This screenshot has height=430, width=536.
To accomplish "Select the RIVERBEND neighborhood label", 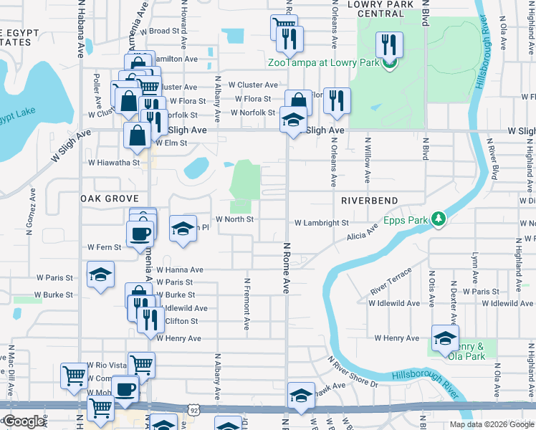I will [368, 200].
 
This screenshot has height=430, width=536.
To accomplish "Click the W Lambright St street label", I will [321, 224].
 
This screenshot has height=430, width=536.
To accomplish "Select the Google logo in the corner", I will [23, 421].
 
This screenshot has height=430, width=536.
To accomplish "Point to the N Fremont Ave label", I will [247, 303].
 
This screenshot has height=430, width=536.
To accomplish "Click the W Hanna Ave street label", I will [181, 270].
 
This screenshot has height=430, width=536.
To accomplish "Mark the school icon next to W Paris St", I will [100, 274].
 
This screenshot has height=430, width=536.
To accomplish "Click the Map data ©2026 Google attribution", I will [491, 424].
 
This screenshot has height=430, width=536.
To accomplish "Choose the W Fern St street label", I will [105, 247].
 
